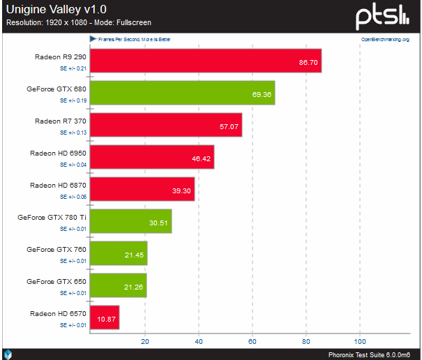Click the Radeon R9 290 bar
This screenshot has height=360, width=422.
point(206,61)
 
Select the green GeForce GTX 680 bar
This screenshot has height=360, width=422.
point(183,93)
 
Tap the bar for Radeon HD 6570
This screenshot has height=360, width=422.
point(105,317)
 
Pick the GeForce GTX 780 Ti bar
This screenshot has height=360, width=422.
point(131,221)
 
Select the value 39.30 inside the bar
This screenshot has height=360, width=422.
point(182,190)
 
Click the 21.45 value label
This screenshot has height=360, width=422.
point(135,254)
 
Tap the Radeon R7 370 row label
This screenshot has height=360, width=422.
point(60,121)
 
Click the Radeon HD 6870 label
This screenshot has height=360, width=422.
point(58,185)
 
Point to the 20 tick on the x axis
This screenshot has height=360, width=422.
point(145,342)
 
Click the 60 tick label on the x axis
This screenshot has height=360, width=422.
point(253,342)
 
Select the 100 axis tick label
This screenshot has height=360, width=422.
point(360,342)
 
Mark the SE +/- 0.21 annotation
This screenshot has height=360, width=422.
point(73,68)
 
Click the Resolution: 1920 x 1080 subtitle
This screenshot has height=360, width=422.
point(79,23)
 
